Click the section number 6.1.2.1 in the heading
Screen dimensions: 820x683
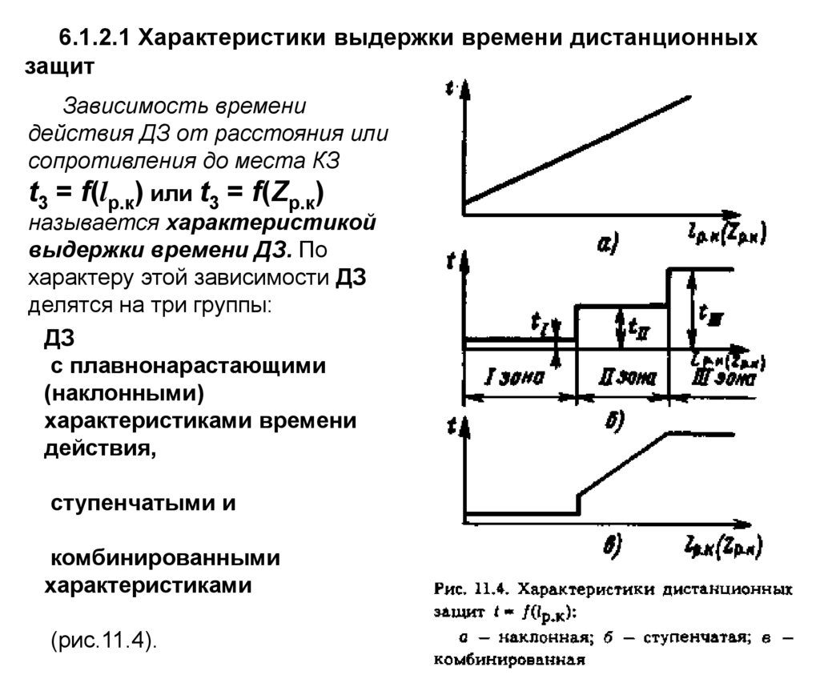point(95,38)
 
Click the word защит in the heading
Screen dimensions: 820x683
point(60,67)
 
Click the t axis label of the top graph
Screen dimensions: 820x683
point(448,90)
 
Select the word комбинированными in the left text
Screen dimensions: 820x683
point(162,556)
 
